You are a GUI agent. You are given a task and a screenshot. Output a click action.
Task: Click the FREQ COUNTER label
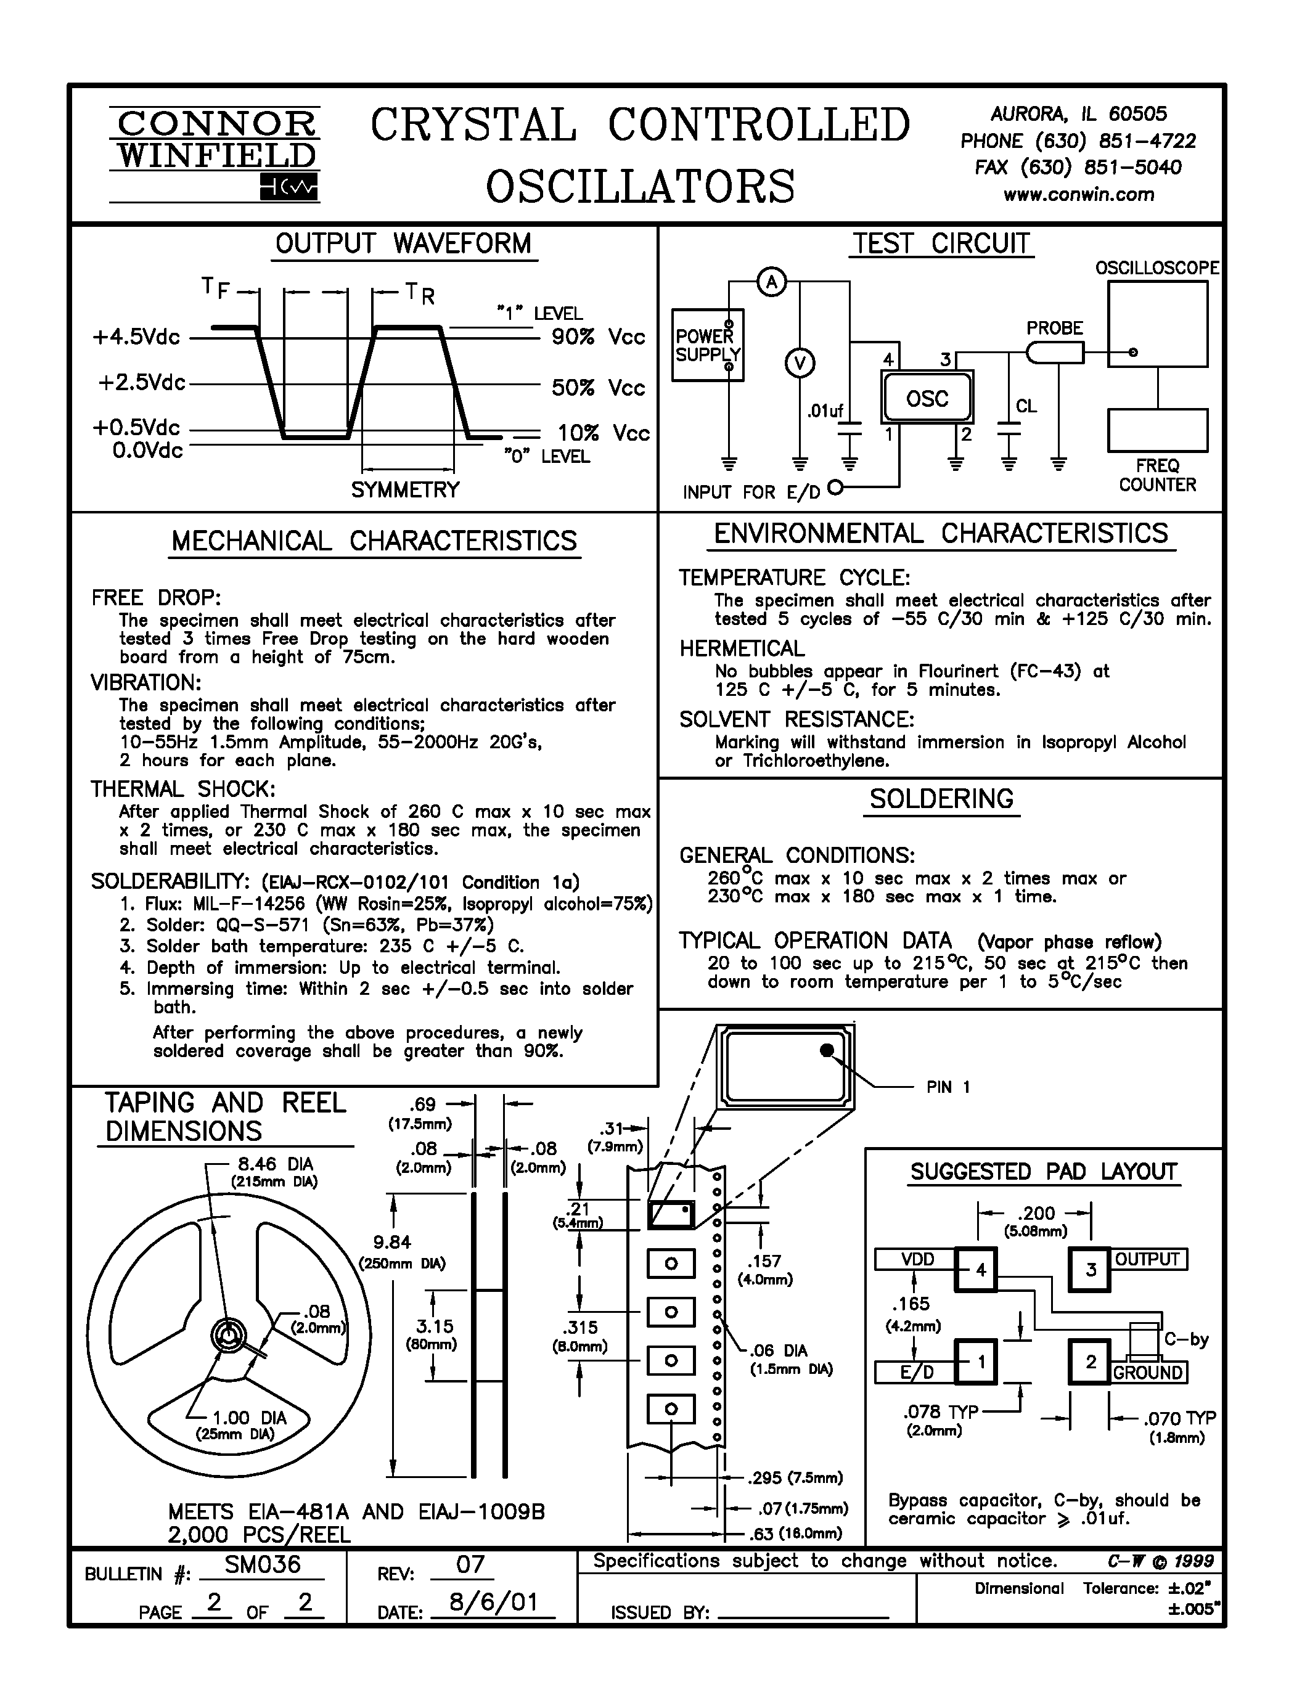click(1157, 475)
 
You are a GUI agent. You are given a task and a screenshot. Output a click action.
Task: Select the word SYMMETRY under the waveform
click(405, 490)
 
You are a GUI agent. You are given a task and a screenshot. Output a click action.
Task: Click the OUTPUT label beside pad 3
click(1147, 1259)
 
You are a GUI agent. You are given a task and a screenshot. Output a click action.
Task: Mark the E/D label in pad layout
click(915, 1372)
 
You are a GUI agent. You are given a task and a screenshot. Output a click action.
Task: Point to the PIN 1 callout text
click(948, 1087)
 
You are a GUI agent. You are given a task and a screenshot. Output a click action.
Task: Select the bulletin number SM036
click(263, 1564)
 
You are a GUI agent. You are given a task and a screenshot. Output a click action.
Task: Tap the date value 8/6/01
click(494, 1601)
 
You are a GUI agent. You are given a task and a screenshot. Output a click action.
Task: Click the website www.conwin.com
click(1078, 195)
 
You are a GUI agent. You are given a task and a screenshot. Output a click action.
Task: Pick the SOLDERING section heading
click(941, 799)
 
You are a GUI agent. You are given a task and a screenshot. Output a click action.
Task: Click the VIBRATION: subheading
click(146, 682)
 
